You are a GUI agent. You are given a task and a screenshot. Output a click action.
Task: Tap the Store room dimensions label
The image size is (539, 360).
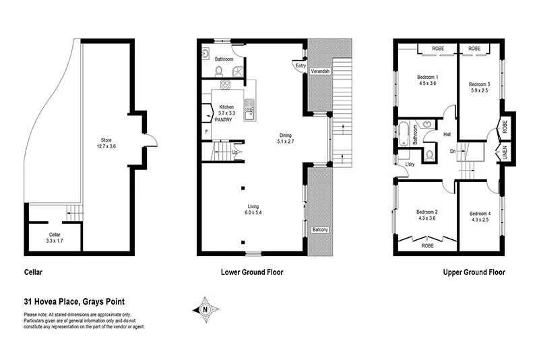(x=105, y=144)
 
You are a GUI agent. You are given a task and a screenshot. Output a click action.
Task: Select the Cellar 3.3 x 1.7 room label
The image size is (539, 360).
(x=54, y=237)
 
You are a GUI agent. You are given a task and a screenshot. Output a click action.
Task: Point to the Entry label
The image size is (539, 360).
(x=299, y=65)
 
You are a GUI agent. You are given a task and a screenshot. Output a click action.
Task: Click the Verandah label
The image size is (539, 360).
(x=320, y=71)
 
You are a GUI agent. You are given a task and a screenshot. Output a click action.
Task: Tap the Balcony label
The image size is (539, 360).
(x=320, y=231)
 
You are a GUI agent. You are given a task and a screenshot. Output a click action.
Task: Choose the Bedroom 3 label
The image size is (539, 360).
(x=479, y=87)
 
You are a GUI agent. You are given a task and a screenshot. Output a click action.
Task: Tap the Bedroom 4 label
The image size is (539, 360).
(x=480, y=216)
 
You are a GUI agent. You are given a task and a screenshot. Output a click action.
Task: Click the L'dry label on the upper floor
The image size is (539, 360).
(x=409, y=164)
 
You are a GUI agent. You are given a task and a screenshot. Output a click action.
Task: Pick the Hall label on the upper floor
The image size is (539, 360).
(x=447, y=135)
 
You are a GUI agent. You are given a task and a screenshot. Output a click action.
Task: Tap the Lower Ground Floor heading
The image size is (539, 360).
(x=252, y=273)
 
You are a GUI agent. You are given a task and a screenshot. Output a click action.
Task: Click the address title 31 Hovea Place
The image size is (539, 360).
(x=73, y=302)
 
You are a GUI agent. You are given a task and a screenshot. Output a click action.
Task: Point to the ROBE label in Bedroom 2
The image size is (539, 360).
(x=427, y=246)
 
